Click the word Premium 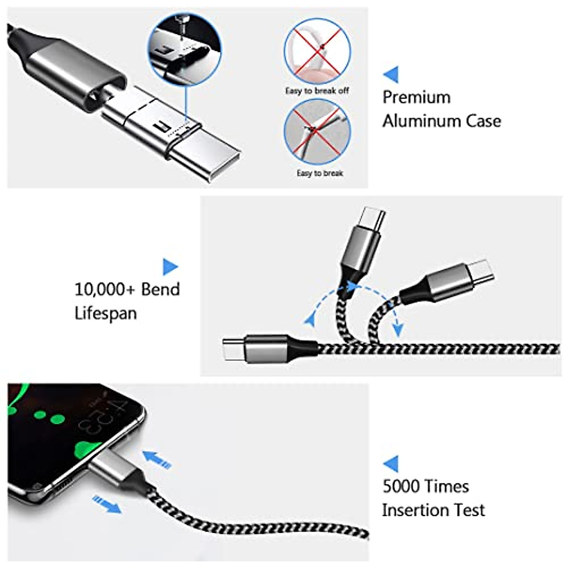coord(416,97)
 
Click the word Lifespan coord(105,313)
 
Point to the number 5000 coord(401,486)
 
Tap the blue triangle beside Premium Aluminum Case coord(391,74)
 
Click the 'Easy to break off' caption coord(317,90)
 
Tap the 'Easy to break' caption coord(320,173)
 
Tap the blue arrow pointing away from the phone coord(107,504)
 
